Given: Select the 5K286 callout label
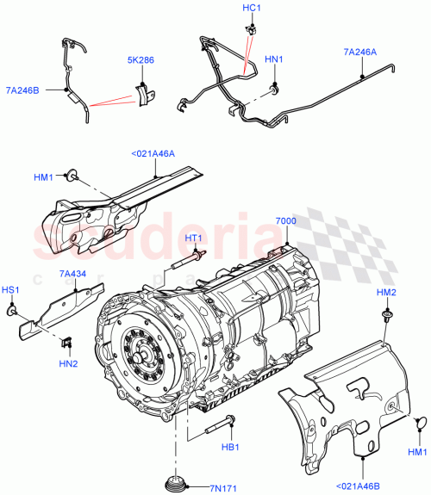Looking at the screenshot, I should (x=142, y=61).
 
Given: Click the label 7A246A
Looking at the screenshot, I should (x=360, y=53).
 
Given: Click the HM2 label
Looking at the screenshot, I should (x=386, y=293).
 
